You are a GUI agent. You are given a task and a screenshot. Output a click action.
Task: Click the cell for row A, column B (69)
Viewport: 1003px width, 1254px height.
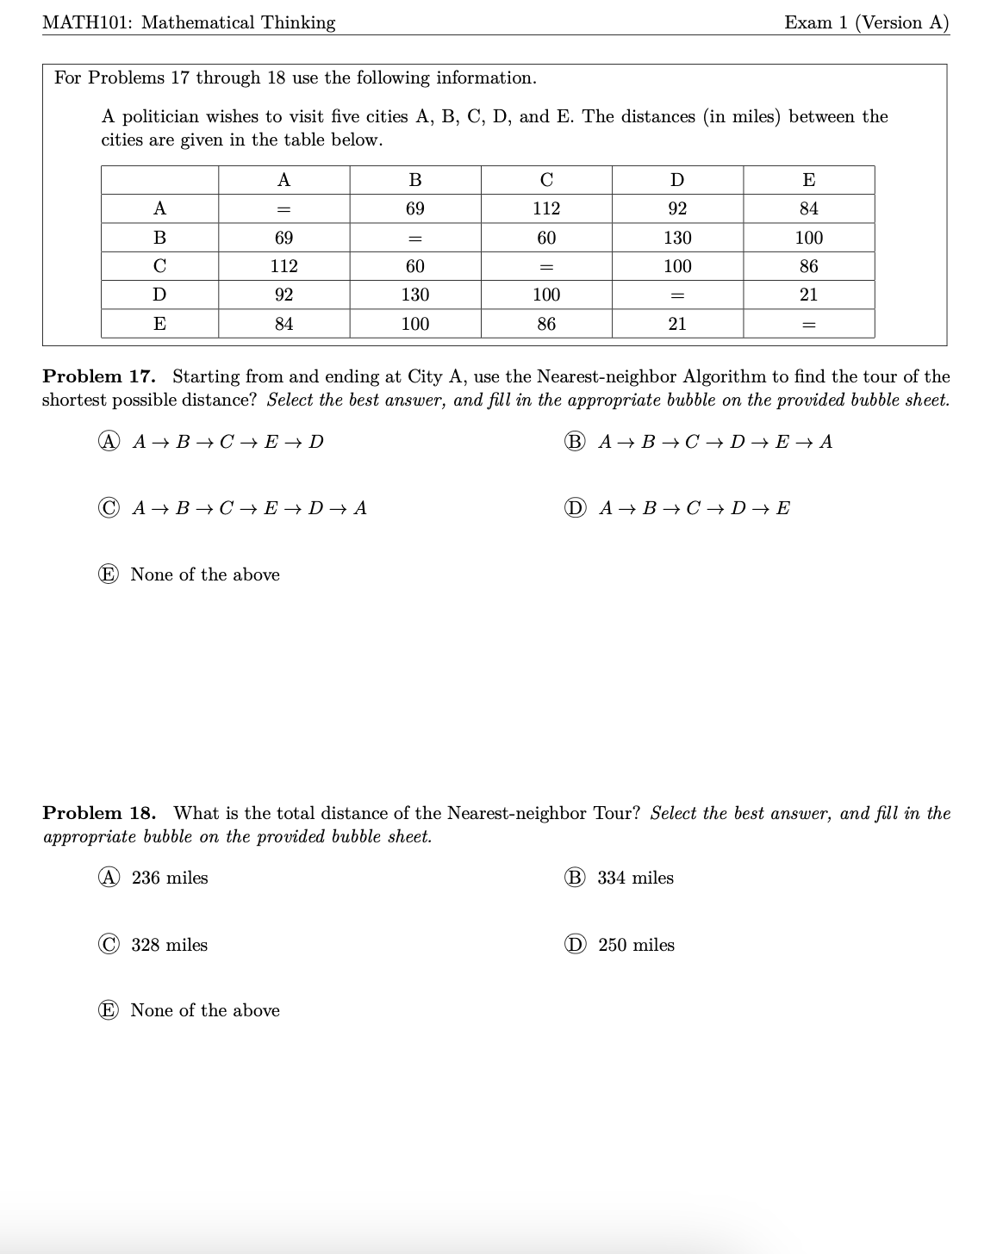[x=414, y=208]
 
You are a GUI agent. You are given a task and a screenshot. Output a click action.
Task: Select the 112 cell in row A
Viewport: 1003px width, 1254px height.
[x=546, y=208]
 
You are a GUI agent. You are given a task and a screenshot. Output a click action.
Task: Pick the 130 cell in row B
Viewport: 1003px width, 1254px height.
[x=677, y=238]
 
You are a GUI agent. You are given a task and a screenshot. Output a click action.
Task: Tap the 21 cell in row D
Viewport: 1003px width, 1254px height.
[x=808, y=295]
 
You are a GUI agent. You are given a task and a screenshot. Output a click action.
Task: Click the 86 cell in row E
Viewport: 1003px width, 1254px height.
[x=546, y=324]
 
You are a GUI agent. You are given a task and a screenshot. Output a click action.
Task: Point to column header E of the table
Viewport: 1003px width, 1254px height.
[x=808, y=180]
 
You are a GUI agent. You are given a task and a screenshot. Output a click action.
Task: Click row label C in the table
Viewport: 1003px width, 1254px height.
[x=159, y=266]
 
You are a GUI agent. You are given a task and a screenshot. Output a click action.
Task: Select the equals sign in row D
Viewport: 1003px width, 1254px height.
[x=677, y=295]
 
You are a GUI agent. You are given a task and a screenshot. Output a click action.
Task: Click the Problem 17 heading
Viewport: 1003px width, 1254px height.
[x=99, y=376]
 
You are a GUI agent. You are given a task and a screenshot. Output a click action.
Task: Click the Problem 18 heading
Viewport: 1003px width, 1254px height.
[x=99, y=813]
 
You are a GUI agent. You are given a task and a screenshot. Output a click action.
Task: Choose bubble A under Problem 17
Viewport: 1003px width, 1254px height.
[x=109, y=442]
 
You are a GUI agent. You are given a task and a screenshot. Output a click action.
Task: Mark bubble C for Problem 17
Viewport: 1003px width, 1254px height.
[x=109, y=508]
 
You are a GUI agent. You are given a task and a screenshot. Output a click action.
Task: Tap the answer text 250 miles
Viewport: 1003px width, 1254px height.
[x=636, y=945]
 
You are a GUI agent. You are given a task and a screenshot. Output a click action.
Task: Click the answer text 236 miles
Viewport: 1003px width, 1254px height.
[x=170, y=878]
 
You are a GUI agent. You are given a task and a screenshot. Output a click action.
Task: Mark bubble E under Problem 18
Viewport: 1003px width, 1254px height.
[x=109, y=1010]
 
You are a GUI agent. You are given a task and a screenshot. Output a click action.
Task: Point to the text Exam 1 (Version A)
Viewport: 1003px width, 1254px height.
[x=866, y=22]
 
